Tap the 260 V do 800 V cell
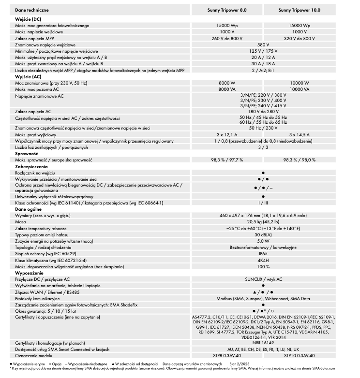click(x=230, y=37)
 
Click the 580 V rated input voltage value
click(x=263, y=44)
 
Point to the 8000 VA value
click(x=230, y=89)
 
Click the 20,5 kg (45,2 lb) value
click(x=263, y=220)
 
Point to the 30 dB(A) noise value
click(x=263, y=233)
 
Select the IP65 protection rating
click(x=263, y=253)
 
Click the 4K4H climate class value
click(x=263, y=260)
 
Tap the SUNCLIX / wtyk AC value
click(x=263, y=279)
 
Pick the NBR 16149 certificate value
click(x=263, y=342)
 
